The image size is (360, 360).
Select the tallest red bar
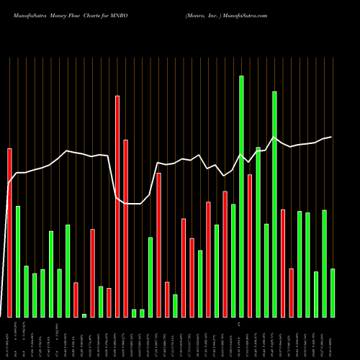[117, 206]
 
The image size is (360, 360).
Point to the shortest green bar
[84, 315]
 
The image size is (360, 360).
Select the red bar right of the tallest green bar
[250, 246]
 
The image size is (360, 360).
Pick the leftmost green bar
[18, 261]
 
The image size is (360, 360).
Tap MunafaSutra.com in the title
[246, 14]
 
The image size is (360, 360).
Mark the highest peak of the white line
[274, 138]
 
